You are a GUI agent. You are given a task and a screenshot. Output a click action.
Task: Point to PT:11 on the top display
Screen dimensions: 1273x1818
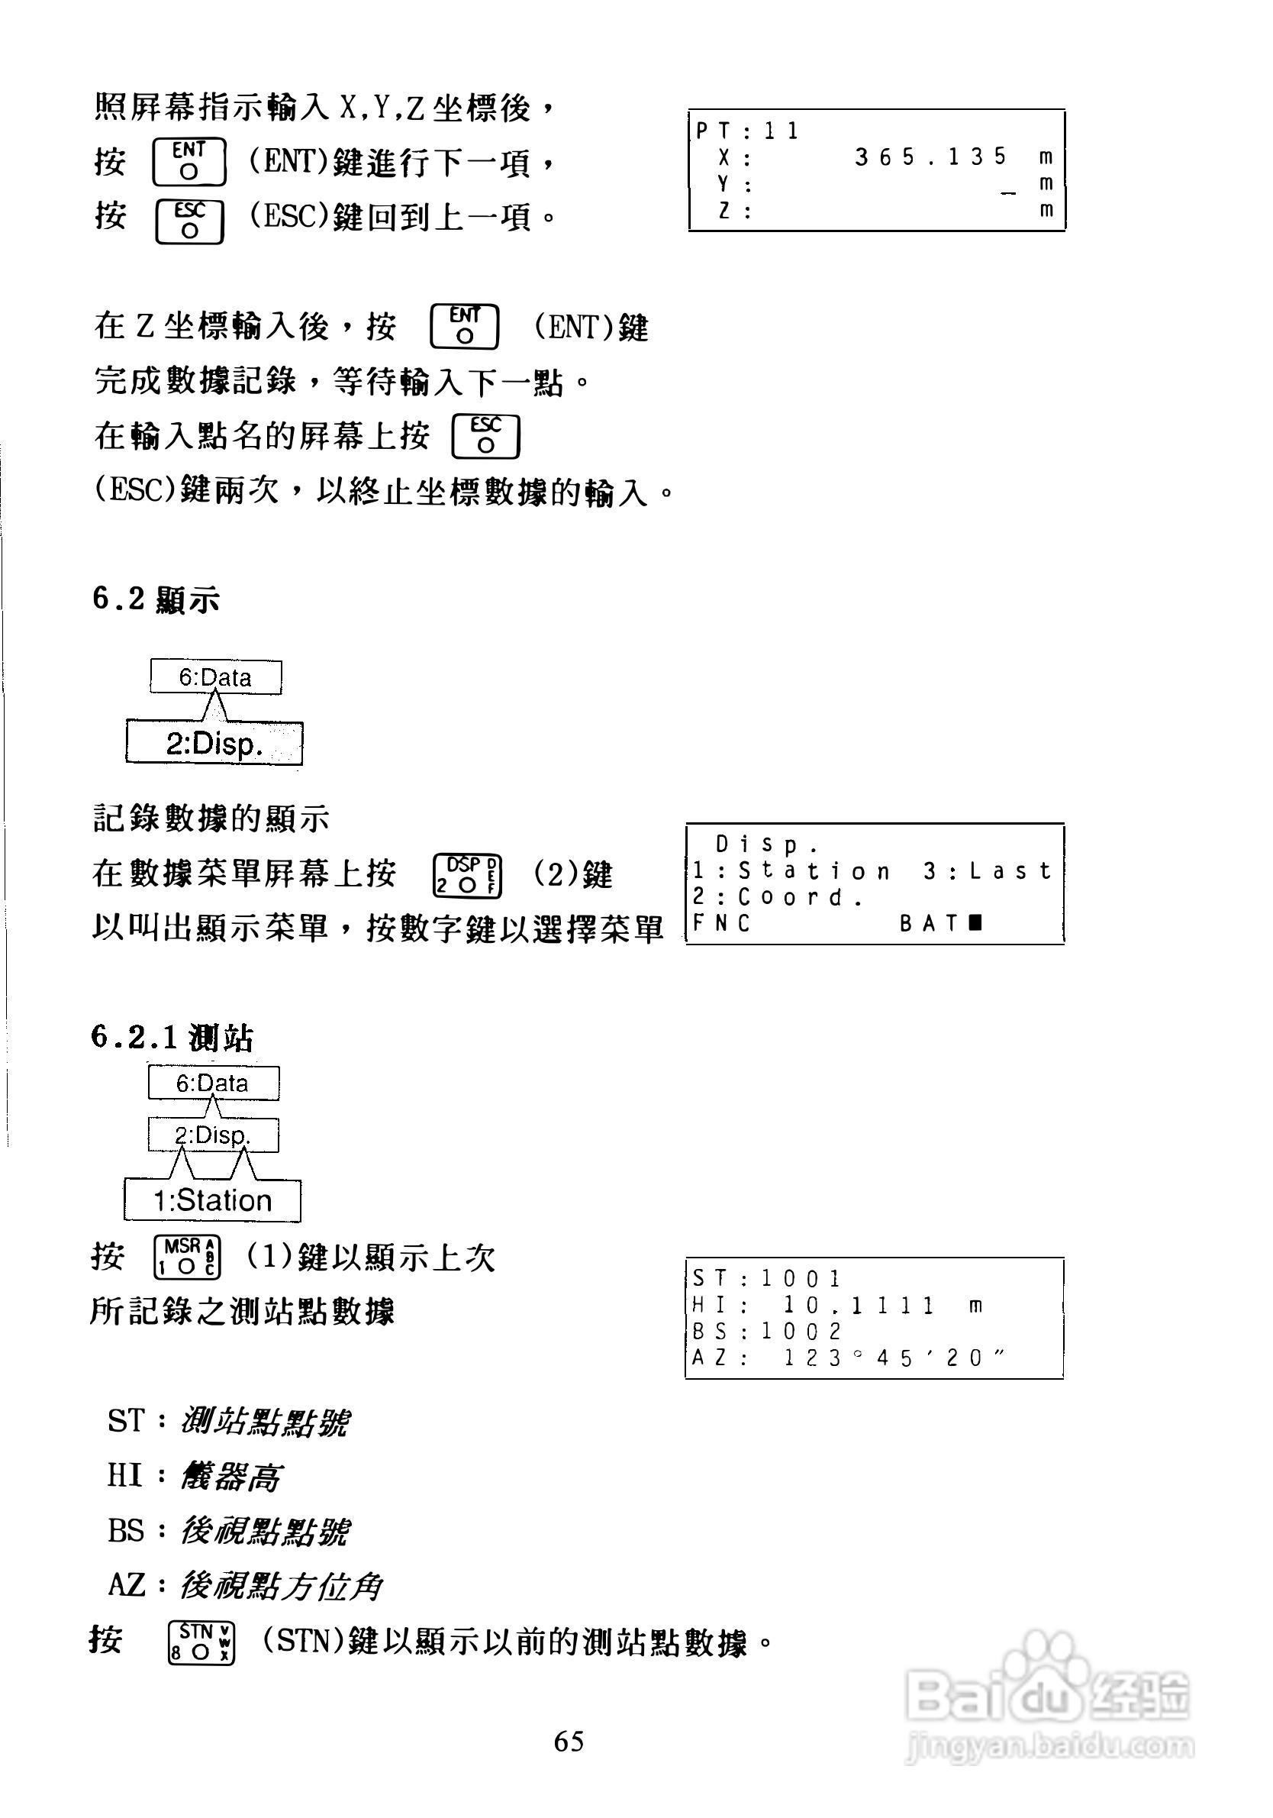pos(747,131)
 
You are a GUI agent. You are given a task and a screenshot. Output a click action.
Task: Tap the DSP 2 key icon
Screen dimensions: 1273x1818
pos(467,876)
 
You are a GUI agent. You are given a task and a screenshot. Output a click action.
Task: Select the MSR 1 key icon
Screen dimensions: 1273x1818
pos(187,1257)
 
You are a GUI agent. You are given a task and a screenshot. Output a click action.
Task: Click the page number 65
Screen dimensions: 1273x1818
pos(569,1741)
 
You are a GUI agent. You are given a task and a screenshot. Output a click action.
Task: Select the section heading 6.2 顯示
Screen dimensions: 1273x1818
pos(155,599)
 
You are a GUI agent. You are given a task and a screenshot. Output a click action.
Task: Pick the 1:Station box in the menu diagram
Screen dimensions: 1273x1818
pos(212,1200)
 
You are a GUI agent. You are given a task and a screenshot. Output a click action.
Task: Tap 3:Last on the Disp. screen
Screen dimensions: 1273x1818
pos(986,871)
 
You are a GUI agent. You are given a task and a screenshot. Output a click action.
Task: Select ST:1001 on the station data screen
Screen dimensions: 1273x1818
pos(766,1278)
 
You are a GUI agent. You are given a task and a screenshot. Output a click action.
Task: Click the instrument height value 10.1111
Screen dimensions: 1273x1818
pos(859,1305)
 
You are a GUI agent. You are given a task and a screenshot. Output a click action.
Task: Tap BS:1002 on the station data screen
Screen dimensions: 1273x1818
pos(766,1331)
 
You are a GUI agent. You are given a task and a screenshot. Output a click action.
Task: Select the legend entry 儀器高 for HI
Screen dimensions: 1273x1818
pos(230,1477)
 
